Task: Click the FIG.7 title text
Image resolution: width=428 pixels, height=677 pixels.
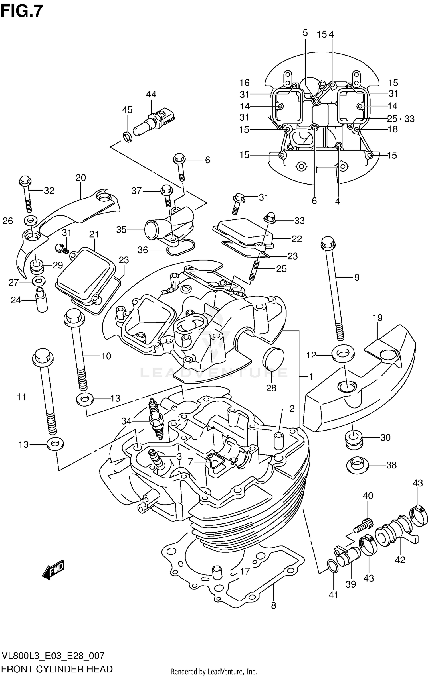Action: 21,11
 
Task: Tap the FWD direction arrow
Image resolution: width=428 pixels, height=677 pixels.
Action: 53,570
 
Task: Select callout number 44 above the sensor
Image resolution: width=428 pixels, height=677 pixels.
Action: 151,94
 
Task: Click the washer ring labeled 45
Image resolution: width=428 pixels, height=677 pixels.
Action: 128,137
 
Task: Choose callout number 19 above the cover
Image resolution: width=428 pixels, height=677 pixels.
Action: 377,318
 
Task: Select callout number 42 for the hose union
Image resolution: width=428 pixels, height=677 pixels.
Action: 400,560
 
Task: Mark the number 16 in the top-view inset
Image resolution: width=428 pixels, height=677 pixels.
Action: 244,83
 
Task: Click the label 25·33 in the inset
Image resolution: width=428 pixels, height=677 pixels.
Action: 401,119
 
